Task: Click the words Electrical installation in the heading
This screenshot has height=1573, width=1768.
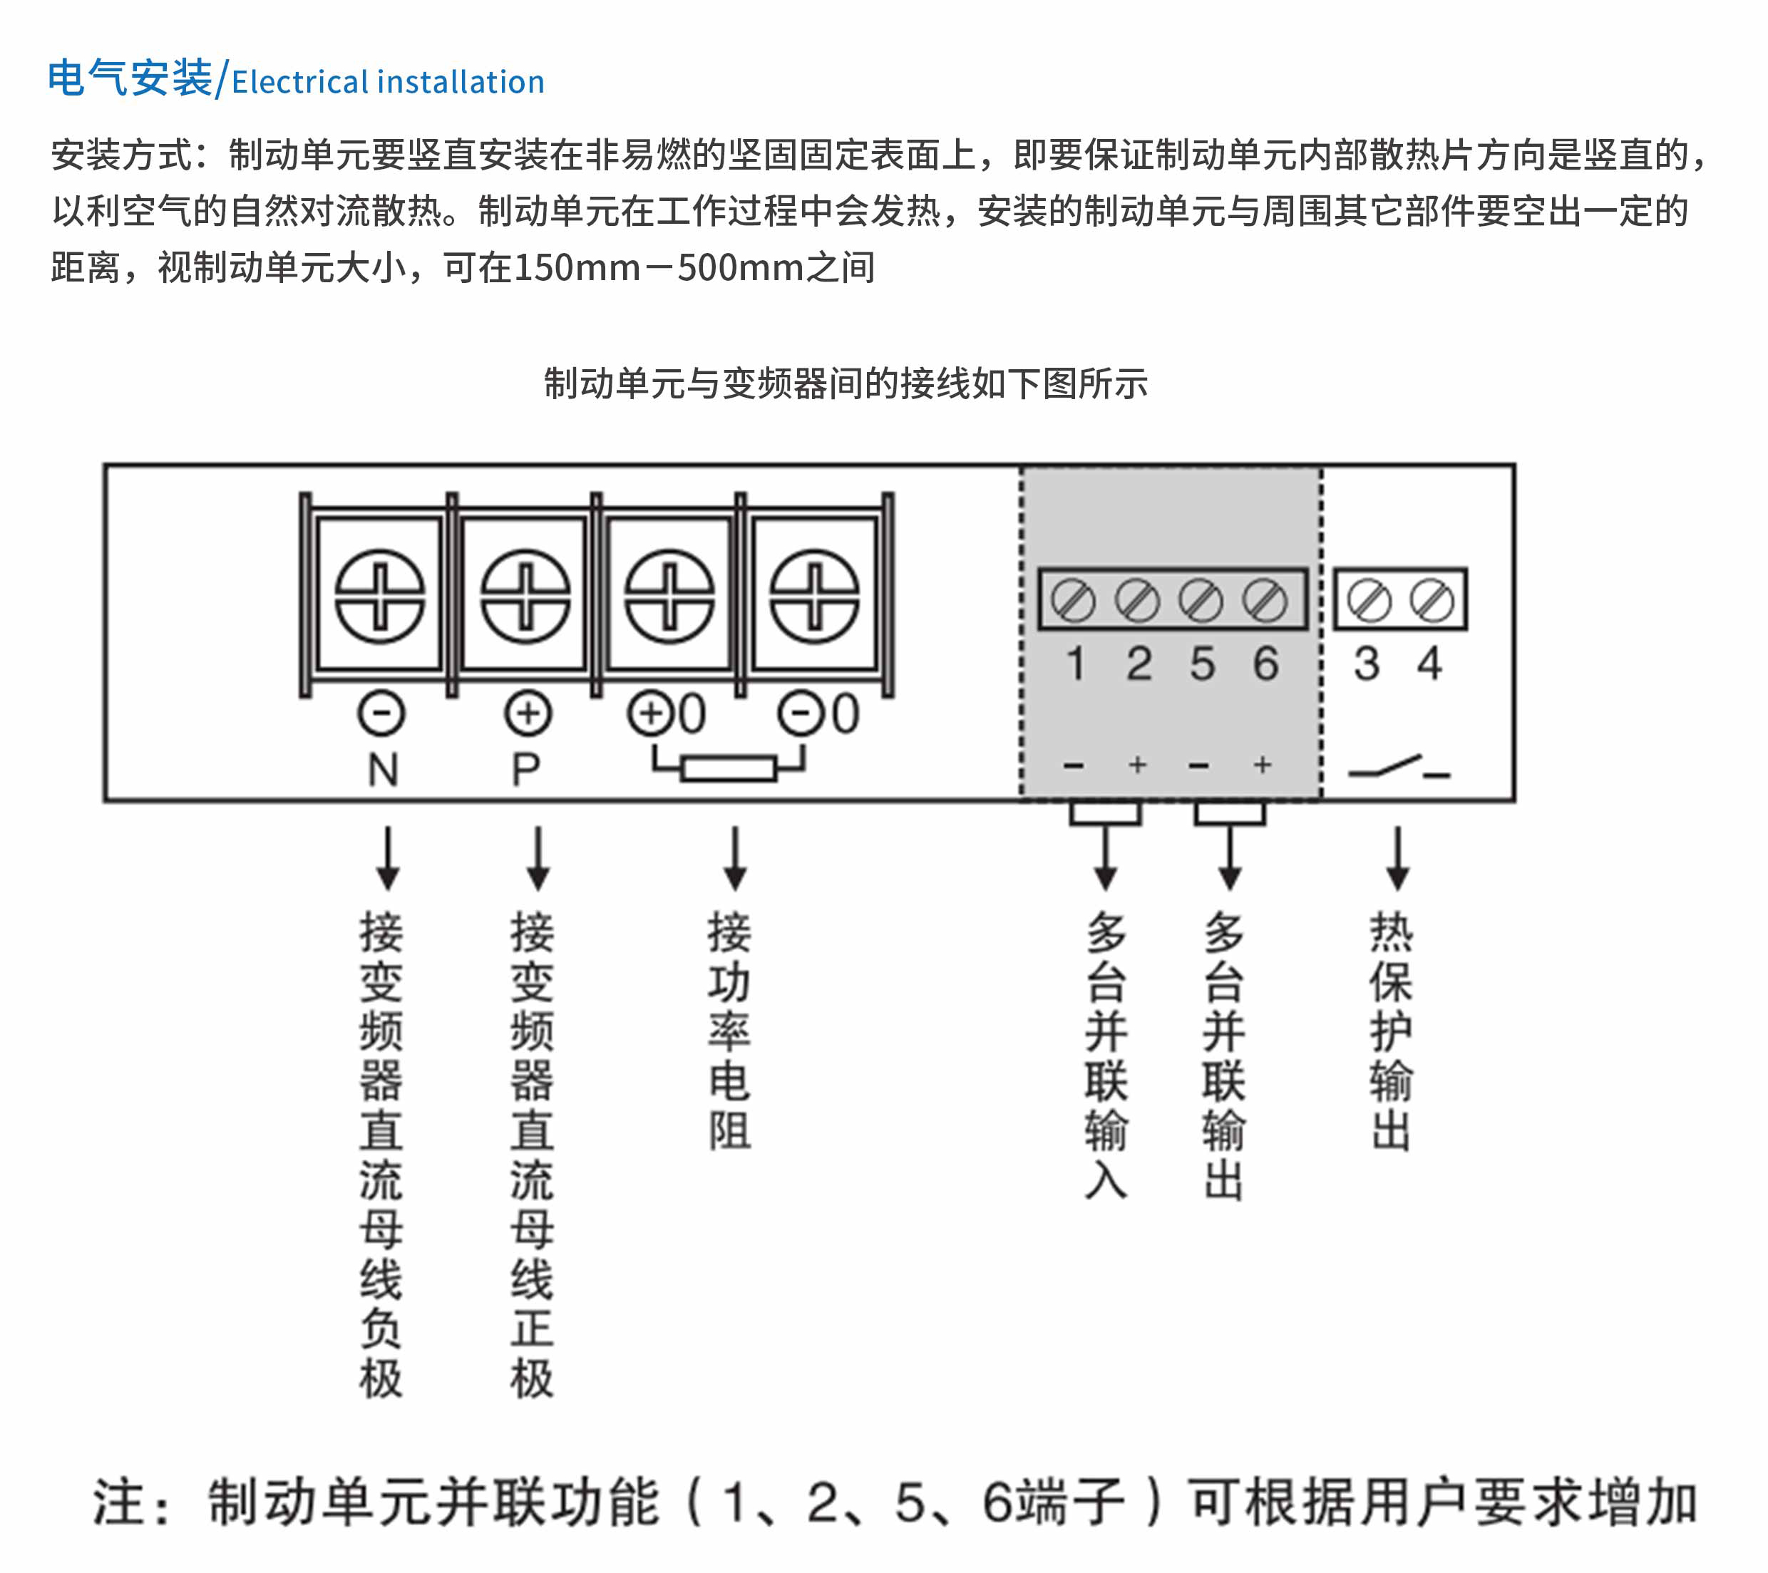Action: (x=388, y=82)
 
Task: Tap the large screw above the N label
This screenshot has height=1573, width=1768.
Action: (x=380, y=597)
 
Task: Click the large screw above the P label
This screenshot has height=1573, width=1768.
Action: (x=525, y=597)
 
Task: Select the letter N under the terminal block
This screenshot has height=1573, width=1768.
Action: (x=383, y=770)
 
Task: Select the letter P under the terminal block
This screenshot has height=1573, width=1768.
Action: (x=526, y=770)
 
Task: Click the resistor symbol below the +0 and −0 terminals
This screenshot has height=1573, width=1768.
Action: (x=729, y=768)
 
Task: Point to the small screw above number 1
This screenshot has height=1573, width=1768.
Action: (x=1074, y=600)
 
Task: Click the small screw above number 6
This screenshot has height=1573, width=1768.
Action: (x=1265, y=600)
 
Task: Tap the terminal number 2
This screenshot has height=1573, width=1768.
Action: (x=1139, y=664)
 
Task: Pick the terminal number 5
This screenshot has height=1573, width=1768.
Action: (x=1201, y=664)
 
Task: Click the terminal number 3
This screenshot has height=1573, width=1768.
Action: (x=1367, y=664)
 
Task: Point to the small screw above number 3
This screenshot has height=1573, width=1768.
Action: (x=1369, y=600)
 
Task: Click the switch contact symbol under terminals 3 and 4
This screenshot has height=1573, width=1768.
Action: (x=1398, y=768)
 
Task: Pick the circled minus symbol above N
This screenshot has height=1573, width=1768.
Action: (x=381, y=714)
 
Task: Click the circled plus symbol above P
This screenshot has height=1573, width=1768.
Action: (x=528, y=714)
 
